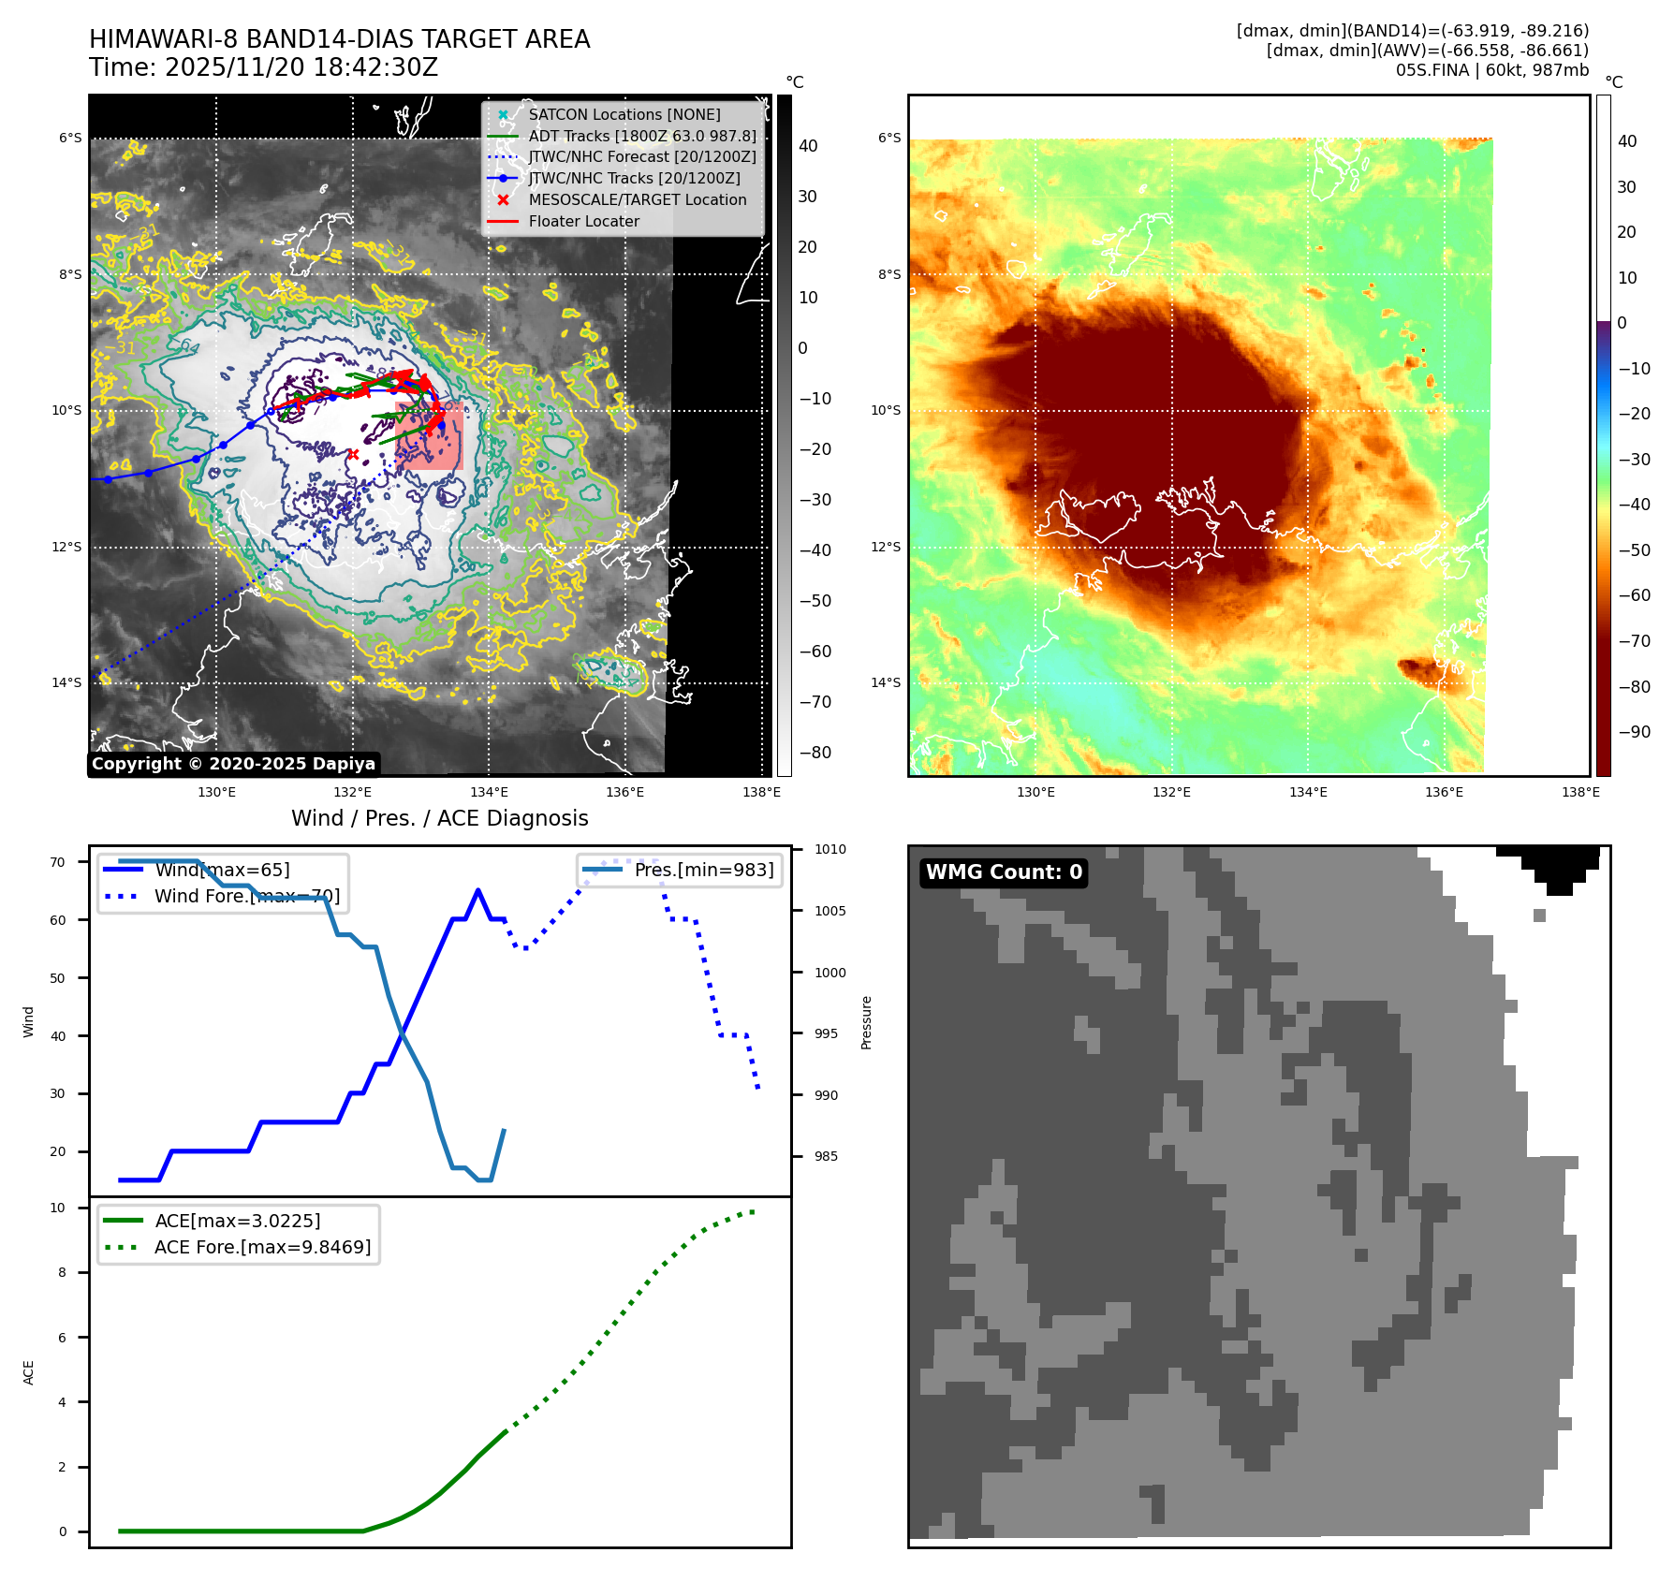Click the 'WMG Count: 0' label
[x=1003, y=872]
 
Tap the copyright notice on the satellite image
[x=233, y=764]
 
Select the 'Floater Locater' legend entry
[x=583, y=222]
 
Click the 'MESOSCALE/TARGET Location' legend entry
[x=637, y=200]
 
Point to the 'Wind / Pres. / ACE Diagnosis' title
[x=439, y=818]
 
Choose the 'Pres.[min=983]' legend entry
[x=703, y=871]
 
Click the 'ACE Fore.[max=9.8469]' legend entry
[x=262, y=1248]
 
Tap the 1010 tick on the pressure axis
[x=830, y=850]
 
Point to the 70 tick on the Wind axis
[x=58, y=862]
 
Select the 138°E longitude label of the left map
[x=761, y=793]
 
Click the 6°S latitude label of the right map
[x=889, y=139]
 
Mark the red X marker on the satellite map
[x=353, y=455]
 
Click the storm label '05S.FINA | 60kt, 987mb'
[x=1491, y=70]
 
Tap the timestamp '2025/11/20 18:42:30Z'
[x=301, y=68]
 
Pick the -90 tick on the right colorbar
[x=1634, y=732]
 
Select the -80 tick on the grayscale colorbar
[x=815, y=753]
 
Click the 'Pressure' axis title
[x=866, y=1022]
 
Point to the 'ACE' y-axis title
[x=28, y=1372]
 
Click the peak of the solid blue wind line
[x=477, y=890]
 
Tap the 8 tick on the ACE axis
[x=63, y=1273]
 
